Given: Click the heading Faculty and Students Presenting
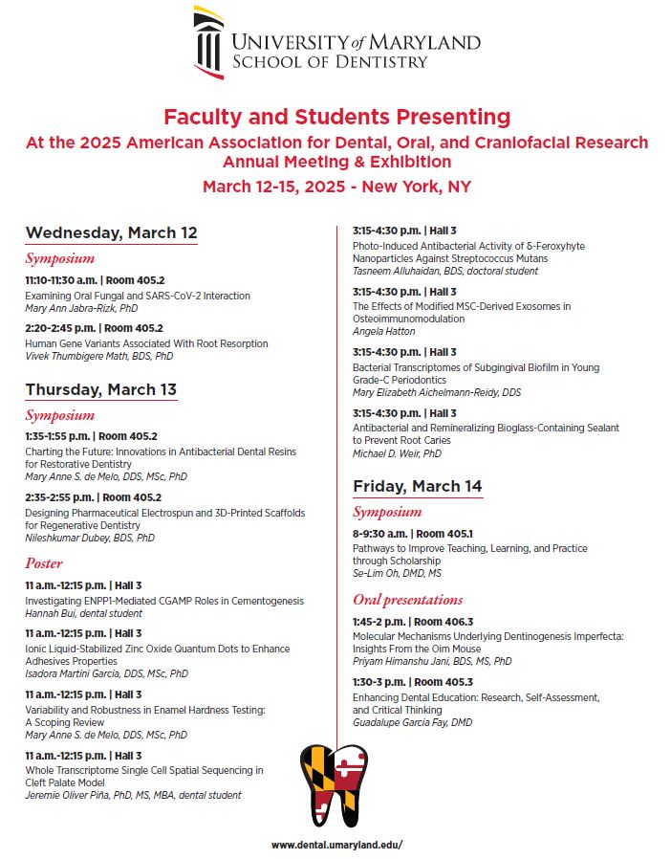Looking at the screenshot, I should (336, 117).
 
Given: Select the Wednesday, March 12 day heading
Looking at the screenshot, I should (111, 232).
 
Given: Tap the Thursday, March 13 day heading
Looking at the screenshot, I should (100, 389).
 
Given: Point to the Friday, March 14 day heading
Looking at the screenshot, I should (417, 486).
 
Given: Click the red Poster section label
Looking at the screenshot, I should (44, 562).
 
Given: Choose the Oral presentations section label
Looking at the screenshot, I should (407, 600).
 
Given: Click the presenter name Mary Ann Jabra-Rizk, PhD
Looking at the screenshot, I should (80, 309).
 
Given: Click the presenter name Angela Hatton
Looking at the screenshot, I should (383, 331).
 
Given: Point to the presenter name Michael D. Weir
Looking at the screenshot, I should (397, 453).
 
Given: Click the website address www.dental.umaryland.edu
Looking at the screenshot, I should (335, 845).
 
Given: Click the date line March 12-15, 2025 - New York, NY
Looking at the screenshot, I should (336, 187).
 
